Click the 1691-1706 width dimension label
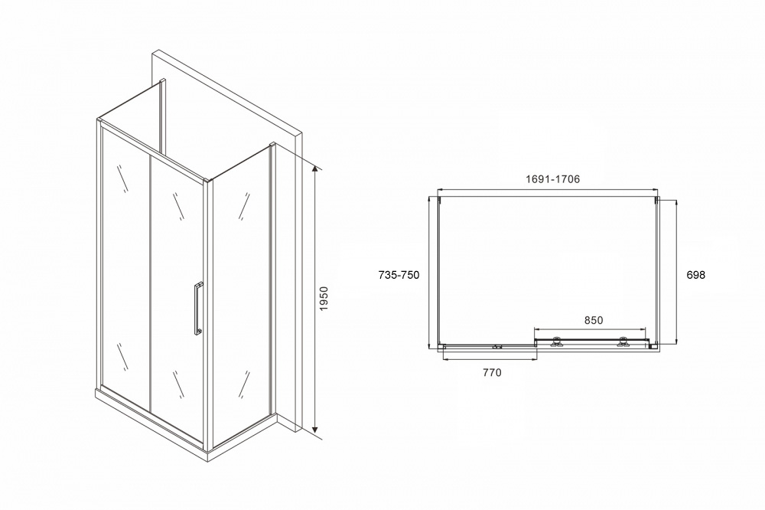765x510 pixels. pyautogui.click(x=553, y=179)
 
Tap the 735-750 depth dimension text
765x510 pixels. pyautogui.click(x=399, y=275)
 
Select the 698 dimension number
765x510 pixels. pyautogui.click(x=695, y=275)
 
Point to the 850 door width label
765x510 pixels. pyautogui.click(x=594, y=320)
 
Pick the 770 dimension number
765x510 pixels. pyautogui.click(x=492, y=373)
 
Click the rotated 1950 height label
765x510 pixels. pyautogui.click(x=324, y=299)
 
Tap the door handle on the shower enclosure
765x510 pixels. pyautogui.click(x=197, y=309)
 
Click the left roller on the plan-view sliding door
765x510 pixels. pyautogui.click(x=556, y=342)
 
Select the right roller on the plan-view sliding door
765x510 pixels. pyautogui.click(x=623, y=342)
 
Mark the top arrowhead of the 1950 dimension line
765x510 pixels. pyautogui.click(x=316, y=169)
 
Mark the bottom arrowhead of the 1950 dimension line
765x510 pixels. pyautogui.click(x=316, y=430)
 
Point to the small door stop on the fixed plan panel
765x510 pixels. pyautogui.click(x=496, y=348)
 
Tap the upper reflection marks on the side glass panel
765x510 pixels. pyautogui.click(x=244, y=206)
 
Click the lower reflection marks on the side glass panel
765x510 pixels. pyautogui.click(x=244, y=384)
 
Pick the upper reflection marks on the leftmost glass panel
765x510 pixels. pyautogui.click(x=123, y=178)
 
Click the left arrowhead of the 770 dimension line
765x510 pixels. pyautogui.click(x=444, y=360)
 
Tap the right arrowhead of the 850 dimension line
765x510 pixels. pyautogui.click(x=643, y=329)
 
